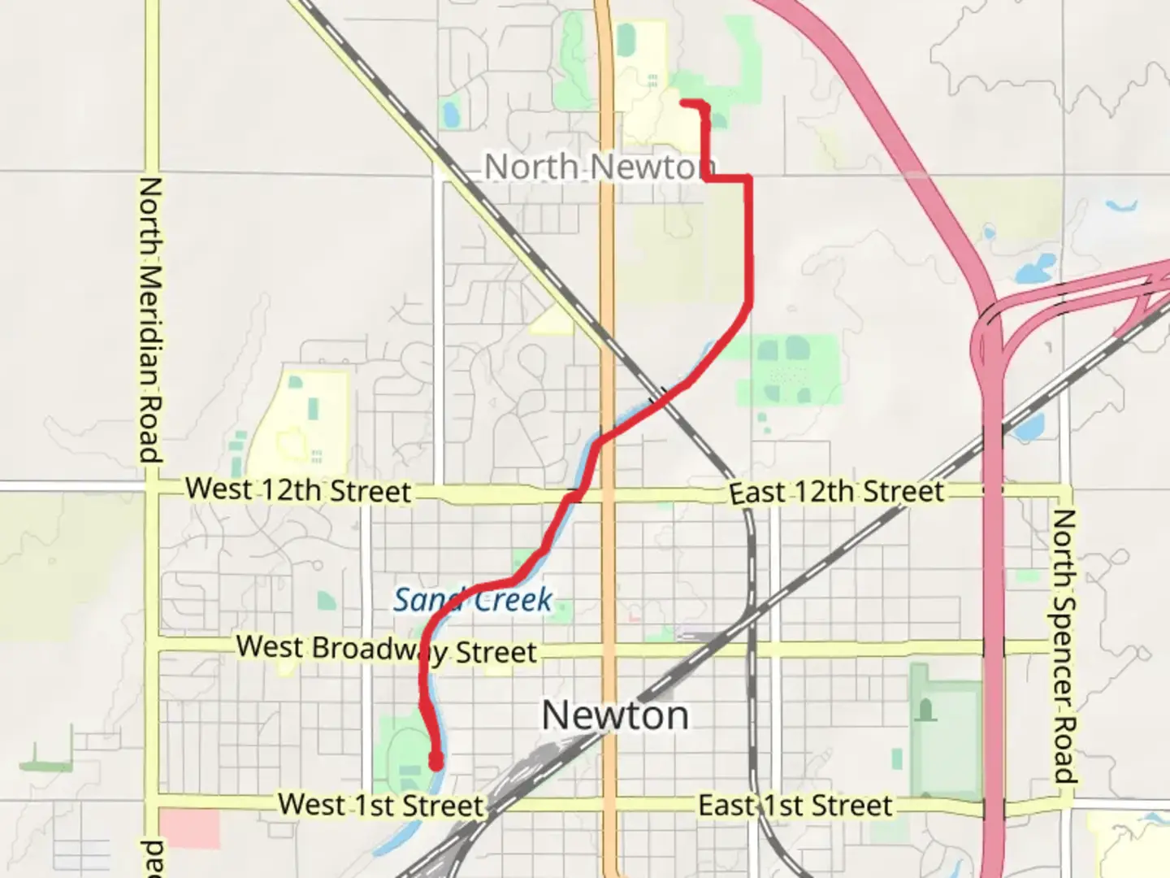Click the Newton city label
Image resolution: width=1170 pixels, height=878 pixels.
click(615, 715)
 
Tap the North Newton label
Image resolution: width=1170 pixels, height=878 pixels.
click(594, 167)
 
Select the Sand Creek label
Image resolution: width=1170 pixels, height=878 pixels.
click(473, 600)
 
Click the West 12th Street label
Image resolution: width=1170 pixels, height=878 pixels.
click(298, 490)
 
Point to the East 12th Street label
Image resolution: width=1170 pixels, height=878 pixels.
click(836, 492)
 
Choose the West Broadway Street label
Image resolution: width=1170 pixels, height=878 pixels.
click(387, 650)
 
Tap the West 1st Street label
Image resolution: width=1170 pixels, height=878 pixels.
click(381, 805)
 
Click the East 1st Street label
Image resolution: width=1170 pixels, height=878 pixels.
click(795, 806)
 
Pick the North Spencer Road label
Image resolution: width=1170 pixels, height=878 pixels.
click(1064, 645)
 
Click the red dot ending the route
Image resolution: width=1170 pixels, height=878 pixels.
click(436, 763)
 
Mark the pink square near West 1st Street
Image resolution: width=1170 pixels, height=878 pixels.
click(189, 828)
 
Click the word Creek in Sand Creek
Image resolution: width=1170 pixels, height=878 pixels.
click(513, 601)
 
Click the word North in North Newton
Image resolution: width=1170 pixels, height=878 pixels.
click(532, 167)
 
